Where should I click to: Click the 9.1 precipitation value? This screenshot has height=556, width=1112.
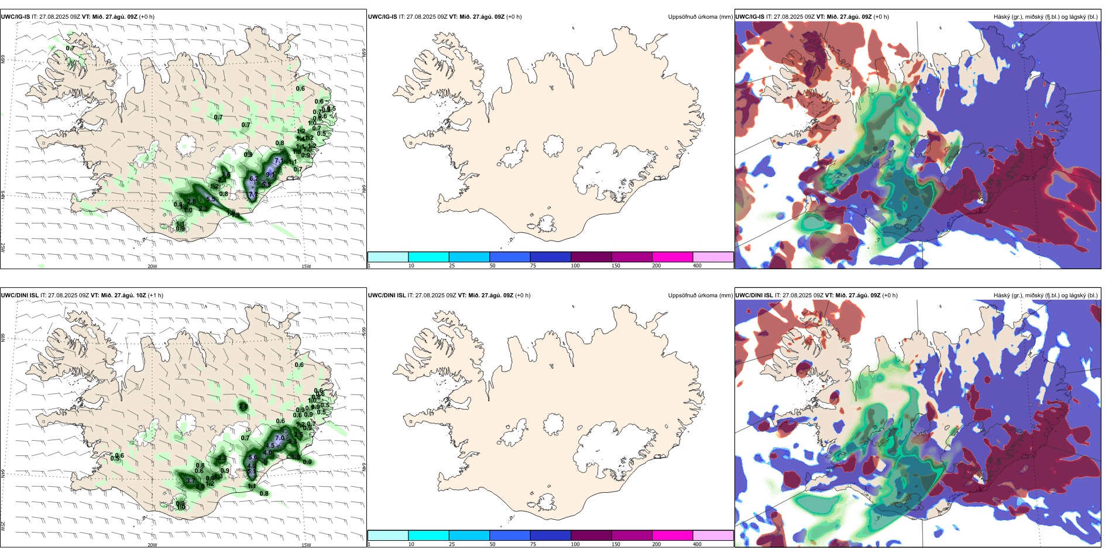(270, 174)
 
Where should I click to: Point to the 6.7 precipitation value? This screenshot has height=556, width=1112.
(253, 179)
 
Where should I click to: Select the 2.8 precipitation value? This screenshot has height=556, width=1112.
(191, 201)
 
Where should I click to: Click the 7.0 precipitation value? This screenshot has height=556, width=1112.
(280, 438)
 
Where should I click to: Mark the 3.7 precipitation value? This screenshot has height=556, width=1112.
(190, 481)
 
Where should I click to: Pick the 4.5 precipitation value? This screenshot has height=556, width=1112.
(270, 446)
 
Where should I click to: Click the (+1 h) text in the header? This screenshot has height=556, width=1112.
(155, 296)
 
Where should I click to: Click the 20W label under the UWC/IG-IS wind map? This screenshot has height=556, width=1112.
(152, 266)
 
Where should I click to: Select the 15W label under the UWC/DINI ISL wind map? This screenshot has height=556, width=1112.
(306, 545)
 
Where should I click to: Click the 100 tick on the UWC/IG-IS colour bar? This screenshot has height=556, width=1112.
(575, 266)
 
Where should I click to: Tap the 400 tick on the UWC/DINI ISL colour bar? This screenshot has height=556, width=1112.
(697, 544)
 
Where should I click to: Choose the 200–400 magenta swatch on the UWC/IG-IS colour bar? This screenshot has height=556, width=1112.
(672, 257)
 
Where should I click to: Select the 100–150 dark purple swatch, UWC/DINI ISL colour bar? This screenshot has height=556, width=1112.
(591, 536)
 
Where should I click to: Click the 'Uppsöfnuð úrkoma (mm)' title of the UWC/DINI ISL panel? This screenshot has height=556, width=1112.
(700, 296)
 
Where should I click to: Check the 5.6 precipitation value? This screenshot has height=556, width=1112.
(253, 458)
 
